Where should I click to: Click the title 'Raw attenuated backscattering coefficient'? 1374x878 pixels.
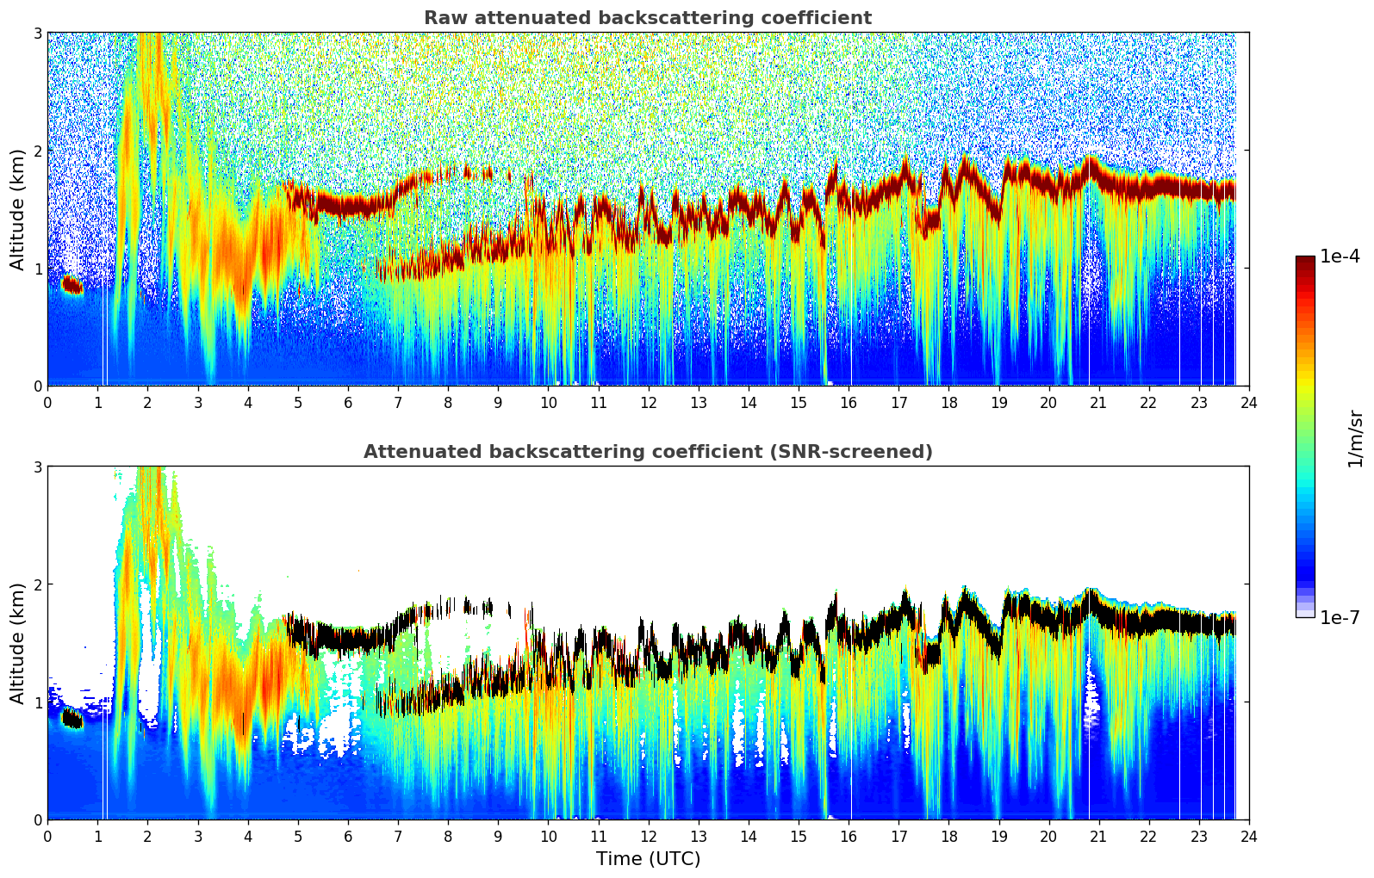[647, 18]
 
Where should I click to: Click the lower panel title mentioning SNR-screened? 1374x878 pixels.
[647, 452]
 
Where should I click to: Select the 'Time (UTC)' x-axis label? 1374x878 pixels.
[648, 858]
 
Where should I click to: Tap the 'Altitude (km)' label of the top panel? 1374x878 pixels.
[17, 209]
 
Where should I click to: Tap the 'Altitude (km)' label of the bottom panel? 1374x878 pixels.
[17, 643]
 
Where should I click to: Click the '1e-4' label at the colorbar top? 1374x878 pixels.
[1340, 257]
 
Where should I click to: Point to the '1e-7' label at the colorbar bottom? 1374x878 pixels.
[1340, 617]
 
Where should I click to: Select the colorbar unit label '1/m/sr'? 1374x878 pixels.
[1355, 438]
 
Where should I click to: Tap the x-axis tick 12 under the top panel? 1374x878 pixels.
[648, 402]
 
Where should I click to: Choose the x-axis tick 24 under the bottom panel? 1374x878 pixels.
[1248, 836]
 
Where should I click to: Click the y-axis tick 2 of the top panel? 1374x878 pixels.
[38, 151]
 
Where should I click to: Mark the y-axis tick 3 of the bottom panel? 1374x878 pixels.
[38, 467]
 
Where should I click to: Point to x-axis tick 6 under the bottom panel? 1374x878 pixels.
[348, 836]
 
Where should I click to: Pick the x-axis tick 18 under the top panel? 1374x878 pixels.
[948, 402]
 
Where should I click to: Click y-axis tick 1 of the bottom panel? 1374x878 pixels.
[38, 702]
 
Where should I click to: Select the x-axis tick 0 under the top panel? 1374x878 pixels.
[47, 402]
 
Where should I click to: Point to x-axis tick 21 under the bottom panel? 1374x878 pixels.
[1098, 836]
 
